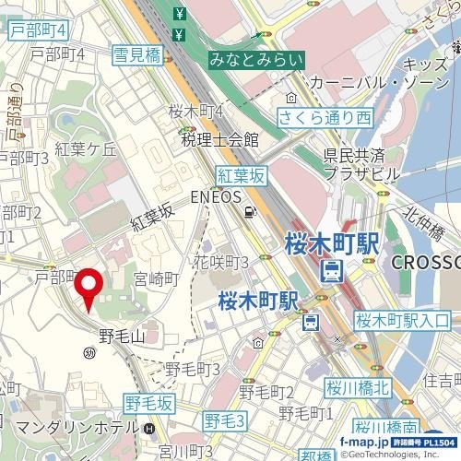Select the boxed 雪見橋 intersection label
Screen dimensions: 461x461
(137, 55)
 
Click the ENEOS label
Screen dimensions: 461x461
(215, 196)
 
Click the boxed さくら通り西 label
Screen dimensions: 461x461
(325, 118)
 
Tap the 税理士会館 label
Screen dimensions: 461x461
(219, 140)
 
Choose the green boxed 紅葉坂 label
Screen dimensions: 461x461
(241, 174)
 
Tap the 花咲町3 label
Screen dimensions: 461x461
(221, 263)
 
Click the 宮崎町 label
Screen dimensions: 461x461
(156, 278)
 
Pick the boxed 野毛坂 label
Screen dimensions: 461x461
(150, 403)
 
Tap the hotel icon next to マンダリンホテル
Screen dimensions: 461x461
(149, 429)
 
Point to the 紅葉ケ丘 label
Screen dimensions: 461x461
(86, 149)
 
